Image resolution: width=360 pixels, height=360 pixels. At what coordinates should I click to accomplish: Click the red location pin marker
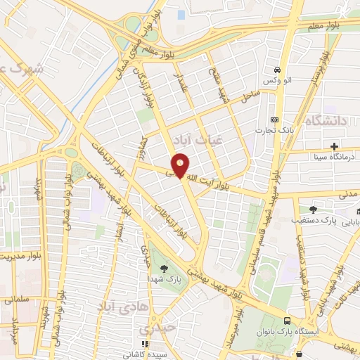(x=181, y=165)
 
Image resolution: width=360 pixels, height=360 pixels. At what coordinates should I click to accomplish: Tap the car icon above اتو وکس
(x=279, y=70)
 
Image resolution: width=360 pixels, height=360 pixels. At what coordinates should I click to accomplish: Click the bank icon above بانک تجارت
(x=275, y=119)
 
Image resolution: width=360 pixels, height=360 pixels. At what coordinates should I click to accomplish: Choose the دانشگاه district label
(x=326, y=122)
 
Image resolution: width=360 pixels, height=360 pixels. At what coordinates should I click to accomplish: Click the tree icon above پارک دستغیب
(x=313, y=209)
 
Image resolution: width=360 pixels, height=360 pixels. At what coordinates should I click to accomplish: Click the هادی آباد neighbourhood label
(x=112, y=306)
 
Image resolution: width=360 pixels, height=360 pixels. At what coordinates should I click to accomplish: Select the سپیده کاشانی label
(x=148, y=355)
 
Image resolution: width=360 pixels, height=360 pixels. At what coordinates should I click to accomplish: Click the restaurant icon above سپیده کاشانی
(x=145, y=344)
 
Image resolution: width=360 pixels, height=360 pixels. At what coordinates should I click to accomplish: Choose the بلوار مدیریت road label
(x=19, y=257)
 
